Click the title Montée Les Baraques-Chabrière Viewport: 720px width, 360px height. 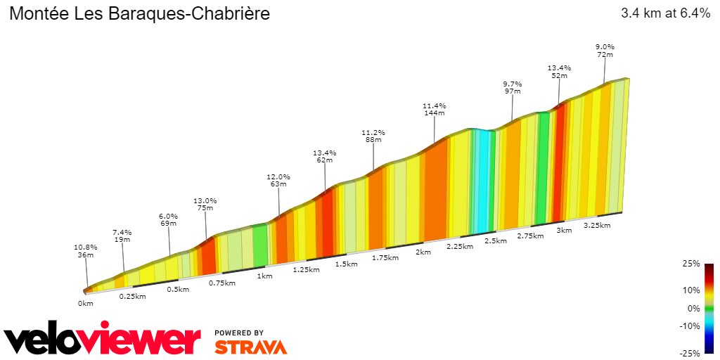pos(139,14)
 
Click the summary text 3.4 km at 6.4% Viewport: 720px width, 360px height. pos(665,14)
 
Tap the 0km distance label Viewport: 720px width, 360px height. pos(85,304)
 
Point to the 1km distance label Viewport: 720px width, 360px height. pos(264,276)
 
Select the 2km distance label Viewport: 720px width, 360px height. pos(423,252)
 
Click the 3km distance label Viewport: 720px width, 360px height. pos(564,231)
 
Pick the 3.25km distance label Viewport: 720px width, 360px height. pos(597,225)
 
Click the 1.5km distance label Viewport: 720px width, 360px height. pos(346,264)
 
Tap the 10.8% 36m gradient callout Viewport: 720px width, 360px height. pos(85,251)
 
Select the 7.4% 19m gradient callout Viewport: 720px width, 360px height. pos(122,236)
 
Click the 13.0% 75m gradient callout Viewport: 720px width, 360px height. pos(205,203)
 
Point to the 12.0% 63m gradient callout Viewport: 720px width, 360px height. pos(278,180)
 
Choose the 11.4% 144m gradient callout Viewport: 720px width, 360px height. pos(434,109)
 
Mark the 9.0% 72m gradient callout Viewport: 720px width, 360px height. pos(605,51)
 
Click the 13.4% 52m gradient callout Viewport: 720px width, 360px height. pos(560,72)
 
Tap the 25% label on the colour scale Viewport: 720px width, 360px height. pos(692,264)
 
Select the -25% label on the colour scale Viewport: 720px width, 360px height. pos(690,353)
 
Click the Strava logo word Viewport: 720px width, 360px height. pos(250,347)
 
